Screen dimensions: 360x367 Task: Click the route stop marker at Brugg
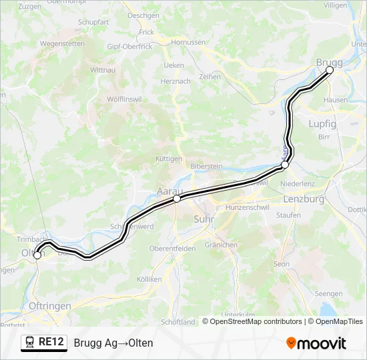(x=329, y=70)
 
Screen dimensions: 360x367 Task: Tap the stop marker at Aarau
(x=176, y=199)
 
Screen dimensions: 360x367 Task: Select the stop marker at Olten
(x=37, y=255)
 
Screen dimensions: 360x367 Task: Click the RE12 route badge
(x=44, y=343)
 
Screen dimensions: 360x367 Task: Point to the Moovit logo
(x=316, y=343)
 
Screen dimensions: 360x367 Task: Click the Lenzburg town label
(x=304, y=199)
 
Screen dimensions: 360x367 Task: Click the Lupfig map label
(x=322, y=124)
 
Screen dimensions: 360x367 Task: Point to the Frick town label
(x=146, y=32)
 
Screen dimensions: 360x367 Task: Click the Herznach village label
(x=175, y=81)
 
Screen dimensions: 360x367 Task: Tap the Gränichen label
(x=221, y=245)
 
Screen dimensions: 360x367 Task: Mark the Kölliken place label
(x=149, y=279)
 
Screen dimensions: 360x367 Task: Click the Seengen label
(x=328, y=293)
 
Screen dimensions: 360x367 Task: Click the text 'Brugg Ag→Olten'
(x=113, y=343)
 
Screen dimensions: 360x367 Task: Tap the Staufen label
(x=288, y=215)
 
